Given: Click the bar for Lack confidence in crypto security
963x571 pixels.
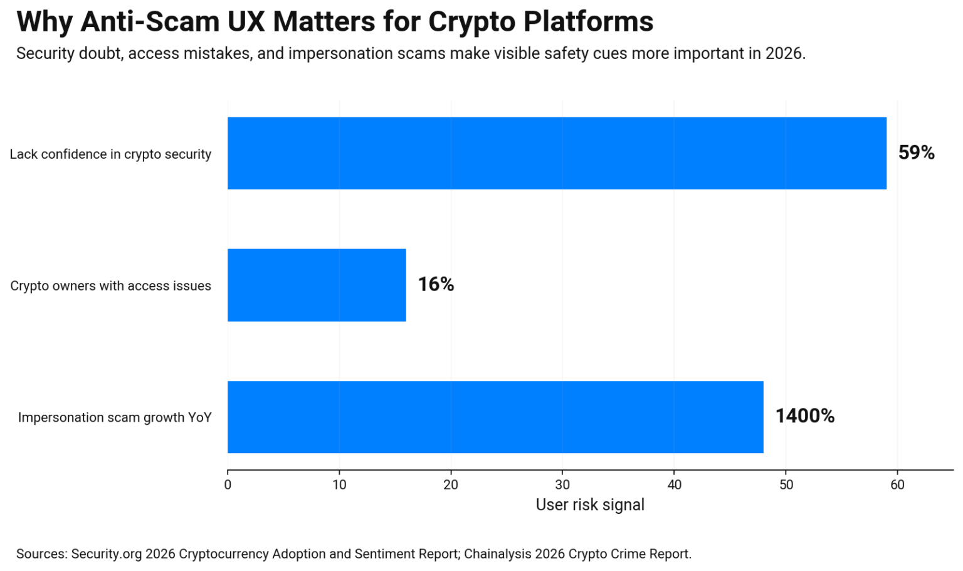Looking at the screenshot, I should pos(557,153).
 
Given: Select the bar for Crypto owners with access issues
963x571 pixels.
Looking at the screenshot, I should pos(317,285).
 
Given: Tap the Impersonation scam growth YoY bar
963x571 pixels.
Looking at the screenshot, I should pos(495,417).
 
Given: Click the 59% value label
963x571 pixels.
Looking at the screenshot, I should pos(916,153).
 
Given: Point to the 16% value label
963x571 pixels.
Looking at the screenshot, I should pos(436,285).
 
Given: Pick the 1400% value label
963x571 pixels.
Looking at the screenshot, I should pos(804,417).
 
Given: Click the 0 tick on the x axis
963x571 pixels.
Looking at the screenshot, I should pos(228,484).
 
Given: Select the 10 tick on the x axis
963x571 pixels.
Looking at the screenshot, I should pos(339,484).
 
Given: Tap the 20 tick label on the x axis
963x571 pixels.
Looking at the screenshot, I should pos(451,484).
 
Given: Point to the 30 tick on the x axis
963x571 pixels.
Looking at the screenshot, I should pos(562,484).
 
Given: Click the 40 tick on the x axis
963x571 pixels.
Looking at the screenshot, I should pos(674,484).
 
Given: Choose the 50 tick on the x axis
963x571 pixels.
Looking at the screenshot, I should pos(786,484).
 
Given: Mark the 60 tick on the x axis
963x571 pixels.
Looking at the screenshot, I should pos(897,484).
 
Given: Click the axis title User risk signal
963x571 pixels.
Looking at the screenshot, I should pos(590,505).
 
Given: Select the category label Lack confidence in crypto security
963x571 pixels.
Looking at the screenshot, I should pos(110,154).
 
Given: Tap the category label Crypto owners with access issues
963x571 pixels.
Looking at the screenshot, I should pos(110,286).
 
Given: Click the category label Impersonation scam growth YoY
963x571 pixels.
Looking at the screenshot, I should pos(115,418).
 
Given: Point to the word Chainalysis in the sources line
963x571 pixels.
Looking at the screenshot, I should pos(495,554).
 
